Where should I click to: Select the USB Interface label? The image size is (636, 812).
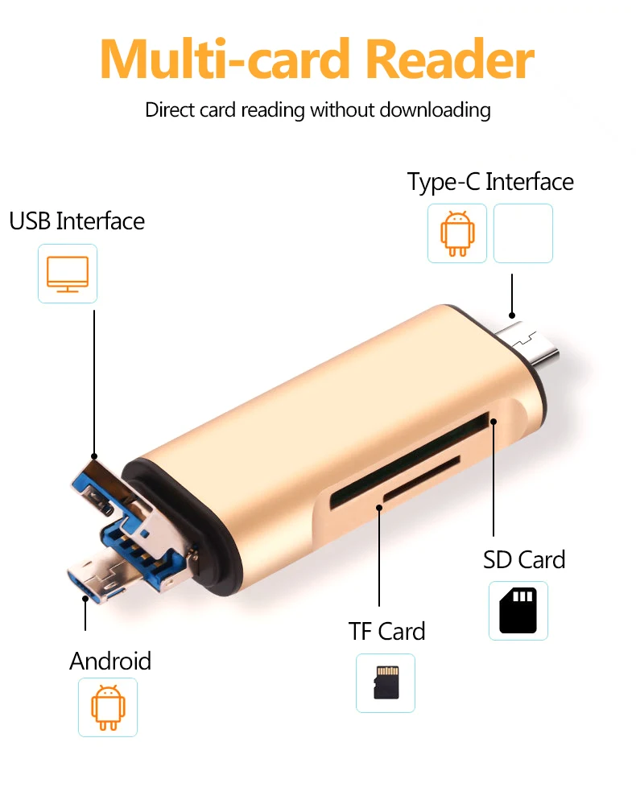(77, 221)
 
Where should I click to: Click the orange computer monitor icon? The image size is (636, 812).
(68, 274)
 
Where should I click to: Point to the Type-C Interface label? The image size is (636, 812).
(490, 181)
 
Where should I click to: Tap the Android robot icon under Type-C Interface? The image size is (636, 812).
(457, 233)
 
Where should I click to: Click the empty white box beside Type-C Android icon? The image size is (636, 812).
(523, 233)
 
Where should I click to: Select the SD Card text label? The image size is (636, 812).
(524, 559)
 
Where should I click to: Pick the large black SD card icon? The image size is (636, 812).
(518, 611)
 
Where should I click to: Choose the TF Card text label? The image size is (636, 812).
(386, 631)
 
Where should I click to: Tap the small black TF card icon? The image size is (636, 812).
(386, 682)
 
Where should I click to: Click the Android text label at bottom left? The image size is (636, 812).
(110, 661)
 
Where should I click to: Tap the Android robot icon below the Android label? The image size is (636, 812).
(108, 707)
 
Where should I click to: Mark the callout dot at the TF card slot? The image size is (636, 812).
(379, 507)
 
